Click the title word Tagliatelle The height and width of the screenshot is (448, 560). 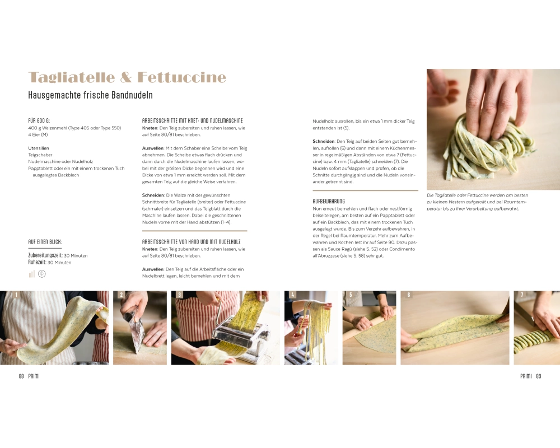point(72,77)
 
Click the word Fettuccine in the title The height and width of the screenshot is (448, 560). point(182,77)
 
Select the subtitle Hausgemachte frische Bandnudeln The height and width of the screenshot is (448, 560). point(90,95)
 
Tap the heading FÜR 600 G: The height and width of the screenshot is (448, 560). point(39,121)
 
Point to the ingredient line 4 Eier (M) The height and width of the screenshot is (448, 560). point(38,135)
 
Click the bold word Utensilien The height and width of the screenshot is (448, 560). point(39,148)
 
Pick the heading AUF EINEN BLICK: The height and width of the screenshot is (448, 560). point(45,242)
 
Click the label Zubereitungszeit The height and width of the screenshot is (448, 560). point(45,255)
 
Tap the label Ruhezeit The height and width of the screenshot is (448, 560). point(37,262)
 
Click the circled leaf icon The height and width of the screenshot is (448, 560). point(42,274)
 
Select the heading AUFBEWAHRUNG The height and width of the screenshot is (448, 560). point(329,202)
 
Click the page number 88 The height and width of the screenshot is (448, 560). point(21,376)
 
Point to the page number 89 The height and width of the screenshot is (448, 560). point(539,376)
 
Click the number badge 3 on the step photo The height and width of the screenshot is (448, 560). point(179,295)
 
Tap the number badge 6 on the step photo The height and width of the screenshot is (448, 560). point(409,295)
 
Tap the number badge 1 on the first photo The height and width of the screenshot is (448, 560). point(16,295)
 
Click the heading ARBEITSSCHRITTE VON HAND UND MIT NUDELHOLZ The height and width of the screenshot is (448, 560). point(192,242)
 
